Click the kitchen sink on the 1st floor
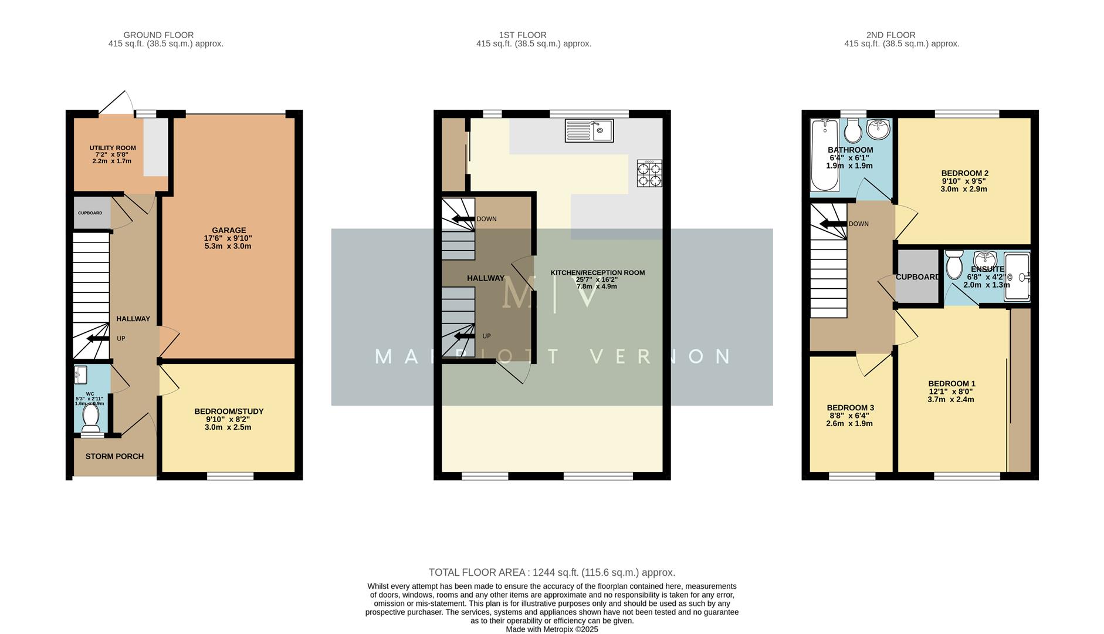[588, 130]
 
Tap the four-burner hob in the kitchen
[649, 173]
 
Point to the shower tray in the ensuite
[1017, 276]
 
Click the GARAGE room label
[229, 230]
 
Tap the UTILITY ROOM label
[113, 148]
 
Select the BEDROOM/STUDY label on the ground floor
[229, 412]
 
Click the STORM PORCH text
[114, 456]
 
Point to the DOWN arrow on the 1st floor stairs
[463, 219]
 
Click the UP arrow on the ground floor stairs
[97, 339]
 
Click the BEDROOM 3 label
[850, 407]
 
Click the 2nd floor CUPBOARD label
[917, 276]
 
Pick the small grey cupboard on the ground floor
[92, 213]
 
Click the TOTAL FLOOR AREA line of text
[551, 572]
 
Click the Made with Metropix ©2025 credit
[551, 629]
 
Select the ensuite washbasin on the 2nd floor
[985, 259]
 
